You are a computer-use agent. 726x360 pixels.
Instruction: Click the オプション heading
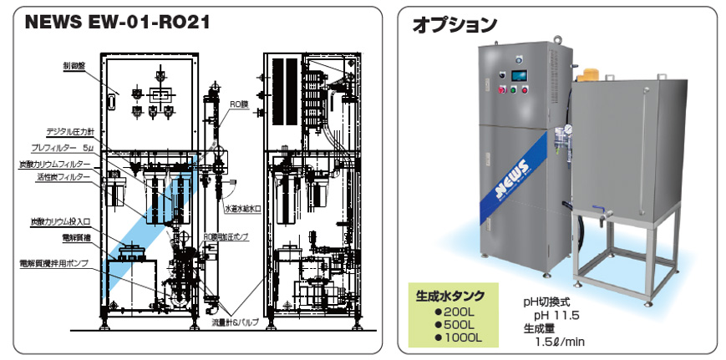[454, 25]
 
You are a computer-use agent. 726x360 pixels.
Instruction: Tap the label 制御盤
[74, 64]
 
